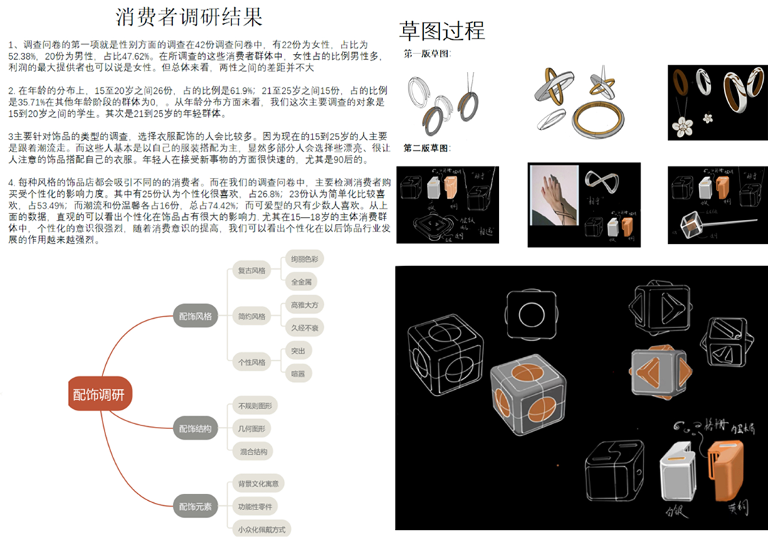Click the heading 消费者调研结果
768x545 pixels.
pos(189,16)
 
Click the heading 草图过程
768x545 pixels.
pos(442,31)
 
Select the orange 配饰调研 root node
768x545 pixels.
pos(100,393)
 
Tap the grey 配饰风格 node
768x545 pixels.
pos(195,317)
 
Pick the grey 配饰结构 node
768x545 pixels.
pos(195,428)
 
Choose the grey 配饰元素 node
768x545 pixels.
pos(195,507)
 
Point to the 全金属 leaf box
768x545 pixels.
pos(301,282)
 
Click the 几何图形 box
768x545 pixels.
pos(251,428)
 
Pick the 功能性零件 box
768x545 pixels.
pos(257,506)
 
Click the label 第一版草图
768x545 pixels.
pos(428,54)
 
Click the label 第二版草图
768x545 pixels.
pos(428,148)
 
